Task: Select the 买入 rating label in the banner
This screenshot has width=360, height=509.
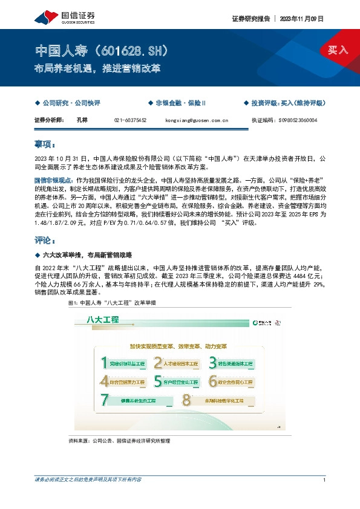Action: tap(338, 50)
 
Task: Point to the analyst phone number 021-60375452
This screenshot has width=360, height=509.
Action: tap(130, 120)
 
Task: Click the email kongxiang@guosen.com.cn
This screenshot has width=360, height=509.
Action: tap(196, 120)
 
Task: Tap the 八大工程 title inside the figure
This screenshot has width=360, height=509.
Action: tap(103, 319)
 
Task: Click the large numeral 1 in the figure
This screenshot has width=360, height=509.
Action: tap(104, 363)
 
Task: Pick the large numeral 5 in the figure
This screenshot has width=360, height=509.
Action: tap(157, 381)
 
